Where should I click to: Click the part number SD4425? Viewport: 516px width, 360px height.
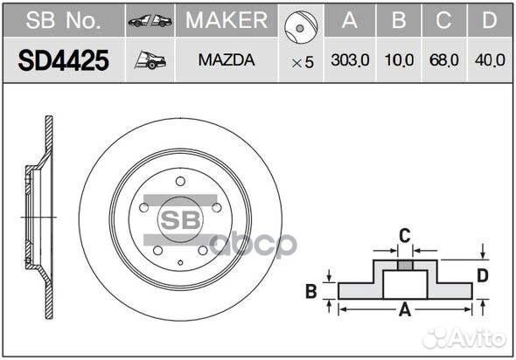pos(64,60)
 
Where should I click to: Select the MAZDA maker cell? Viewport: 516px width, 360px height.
pos(227,61)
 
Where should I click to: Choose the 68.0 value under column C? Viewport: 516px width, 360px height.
pos(443,61)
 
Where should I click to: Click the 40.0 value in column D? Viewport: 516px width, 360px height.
pos(490,61)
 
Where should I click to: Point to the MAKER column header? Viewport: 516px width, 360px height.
pos(227,20)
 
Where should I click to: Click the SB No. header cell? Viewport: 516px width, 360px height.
pos(63,20)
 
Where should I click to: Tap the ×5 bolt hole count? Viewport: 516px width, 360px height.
pos(302,62)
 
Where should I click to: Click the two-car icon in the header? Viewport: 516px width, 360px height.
pos(150,20)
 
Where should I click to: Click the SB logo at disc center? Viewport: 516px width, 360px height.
pos(179,218)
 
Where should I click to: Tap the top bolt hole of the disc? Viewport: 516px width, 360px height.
pos(180,181)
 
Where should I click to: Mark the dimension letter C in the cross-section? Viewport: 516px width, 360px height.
pos(404,233)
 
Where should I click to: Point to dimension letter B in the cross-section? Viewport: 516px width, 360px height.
pos(310,292)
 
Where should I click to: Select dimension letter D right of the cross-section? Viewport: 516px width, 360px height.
pos(482,277)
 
